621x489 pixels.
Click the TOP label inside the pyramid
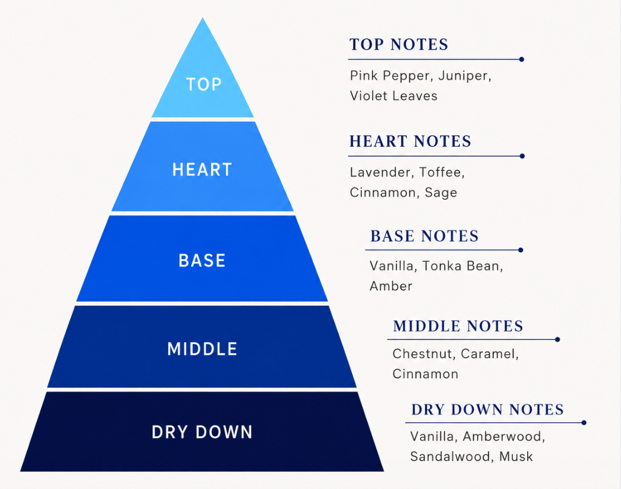203,84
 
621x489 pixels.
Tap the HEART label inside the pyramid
202,170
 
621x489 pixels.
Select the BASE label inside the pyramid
202,261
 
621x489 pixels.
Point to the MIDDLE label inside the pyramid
202,349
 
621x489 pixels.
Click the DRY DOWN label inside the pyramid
202,432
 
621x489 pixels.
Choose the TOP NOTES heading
399,44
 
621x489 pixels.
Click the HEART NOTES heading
411,141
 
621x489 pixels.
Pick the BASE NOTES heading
424,236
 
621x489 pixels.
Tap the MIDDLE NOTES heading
458,326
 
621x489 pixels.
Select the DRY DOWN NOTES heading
487,410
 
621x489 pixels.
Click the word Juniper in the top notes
463,76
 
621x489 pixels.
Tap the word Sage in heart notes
441,193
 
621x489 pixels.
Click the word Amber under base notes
391,286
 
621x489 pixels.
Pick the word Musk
516,456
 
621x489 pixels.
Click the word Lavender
381,172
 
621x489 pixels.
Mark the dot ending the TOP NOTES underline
522,60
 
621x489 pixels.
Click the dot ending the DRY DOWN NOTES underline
584,423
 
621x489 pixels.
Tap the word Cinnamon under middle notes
425,374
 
